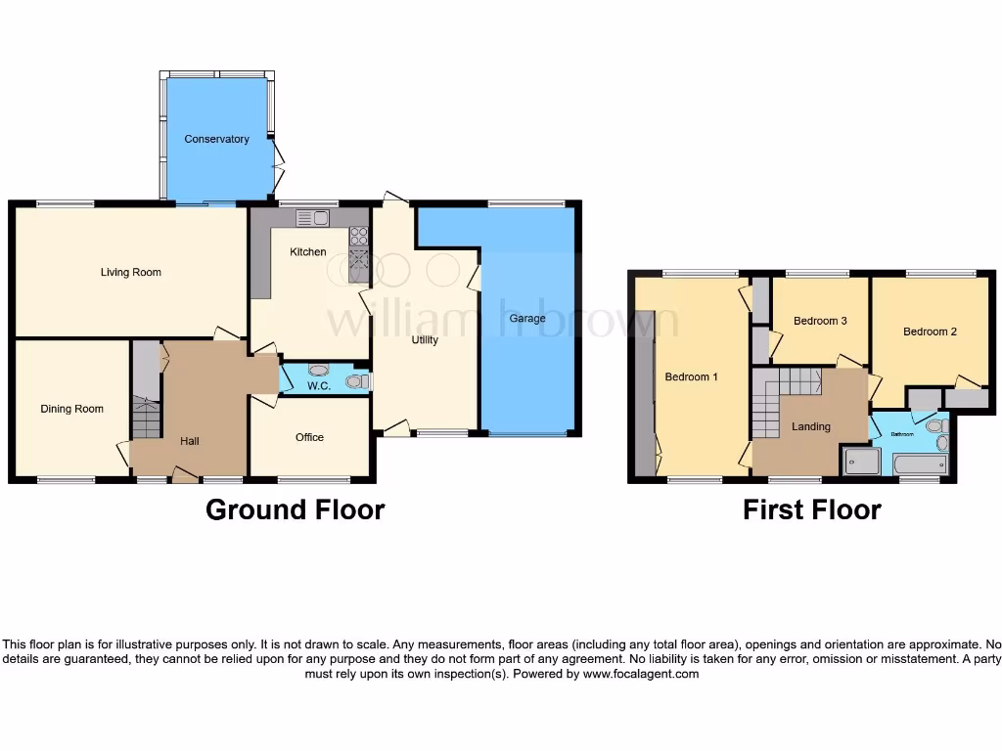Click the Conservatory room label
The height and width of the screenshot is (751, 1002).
pos(216,139)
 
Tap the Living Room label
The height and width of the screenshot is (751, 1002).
pos(130,272)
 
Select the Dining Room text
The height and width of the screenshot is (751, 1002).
pos(71,409)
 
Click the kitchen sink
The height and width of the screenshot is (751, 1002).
pos(311,217)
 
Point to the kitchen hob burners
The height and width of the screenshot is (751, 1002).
pos(358,236)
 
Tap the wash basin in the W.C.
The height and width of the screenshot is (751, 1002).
pos(318,371)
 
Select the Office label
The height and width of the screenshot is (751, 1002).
pos(309,437)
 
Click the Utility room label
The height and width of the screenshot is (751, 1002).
pos(424,340)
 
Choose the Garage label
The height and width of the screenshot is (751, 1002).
pos(527,319)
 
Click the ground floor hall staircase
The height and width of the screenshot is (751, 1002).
pos(145,419)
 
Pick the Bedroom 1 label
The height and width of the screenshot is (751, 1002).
pos(691,376)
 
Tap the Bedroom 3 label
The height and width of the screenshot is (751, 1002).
pos(820,321)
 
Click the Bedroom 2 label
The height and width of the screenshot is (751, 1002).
pos(930,331)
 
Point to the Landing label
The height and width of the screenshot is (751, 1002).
pos(810,426)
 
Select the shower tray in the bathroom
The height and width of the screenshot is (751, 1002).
pos(861,463)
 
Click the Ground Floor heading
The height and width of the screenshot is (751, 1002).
pos(295,509)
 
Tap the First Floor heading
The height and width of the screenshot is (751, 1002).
pos(811,509)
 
